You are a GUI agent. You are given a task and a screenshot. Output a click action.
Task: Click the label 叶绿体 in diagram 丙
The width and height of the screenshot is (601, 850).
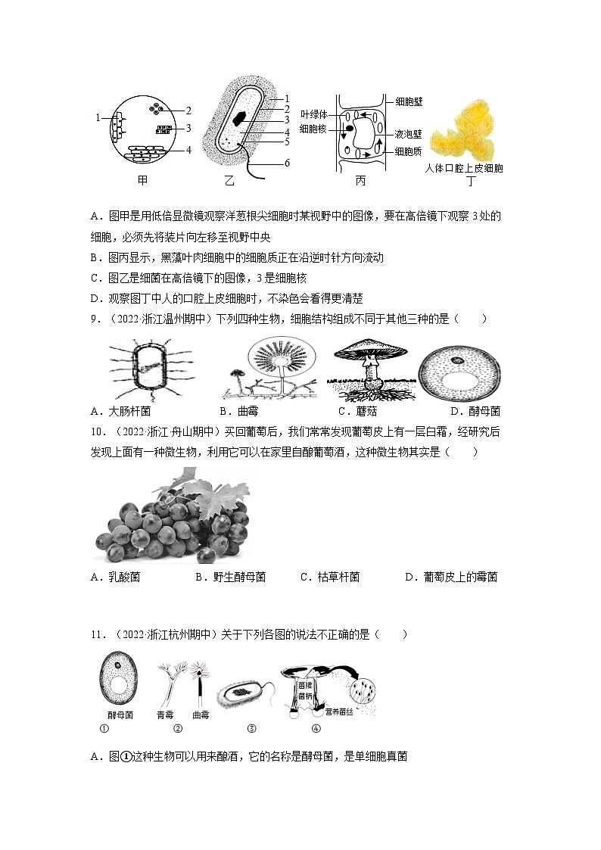tap(313, 114)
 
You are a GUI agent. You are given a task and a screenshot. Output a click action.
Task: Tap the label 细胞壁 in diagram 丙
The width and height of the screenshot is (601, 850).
tap(409, 100)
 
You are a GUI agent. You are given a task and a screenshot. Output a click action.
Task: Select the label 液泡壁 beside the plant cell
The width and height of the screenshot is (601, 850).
tap(409, 133)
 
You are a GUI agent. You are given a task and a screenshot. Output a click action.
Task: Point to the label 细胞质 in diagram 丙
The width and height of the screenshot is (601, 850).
tap(409, 151)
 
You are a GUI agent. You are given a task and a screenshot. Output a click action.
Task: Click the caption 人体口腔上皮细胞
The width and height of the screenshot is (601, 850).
tap(463, 168)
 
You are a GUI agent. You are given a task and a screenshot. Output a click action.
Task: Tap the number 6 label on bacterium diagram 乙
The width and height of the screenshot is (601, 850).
tap(288, 163)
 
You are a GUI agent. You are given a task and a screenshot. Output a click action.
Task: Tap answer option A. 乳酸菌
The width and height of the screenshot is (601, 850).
tap(115, 577)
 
